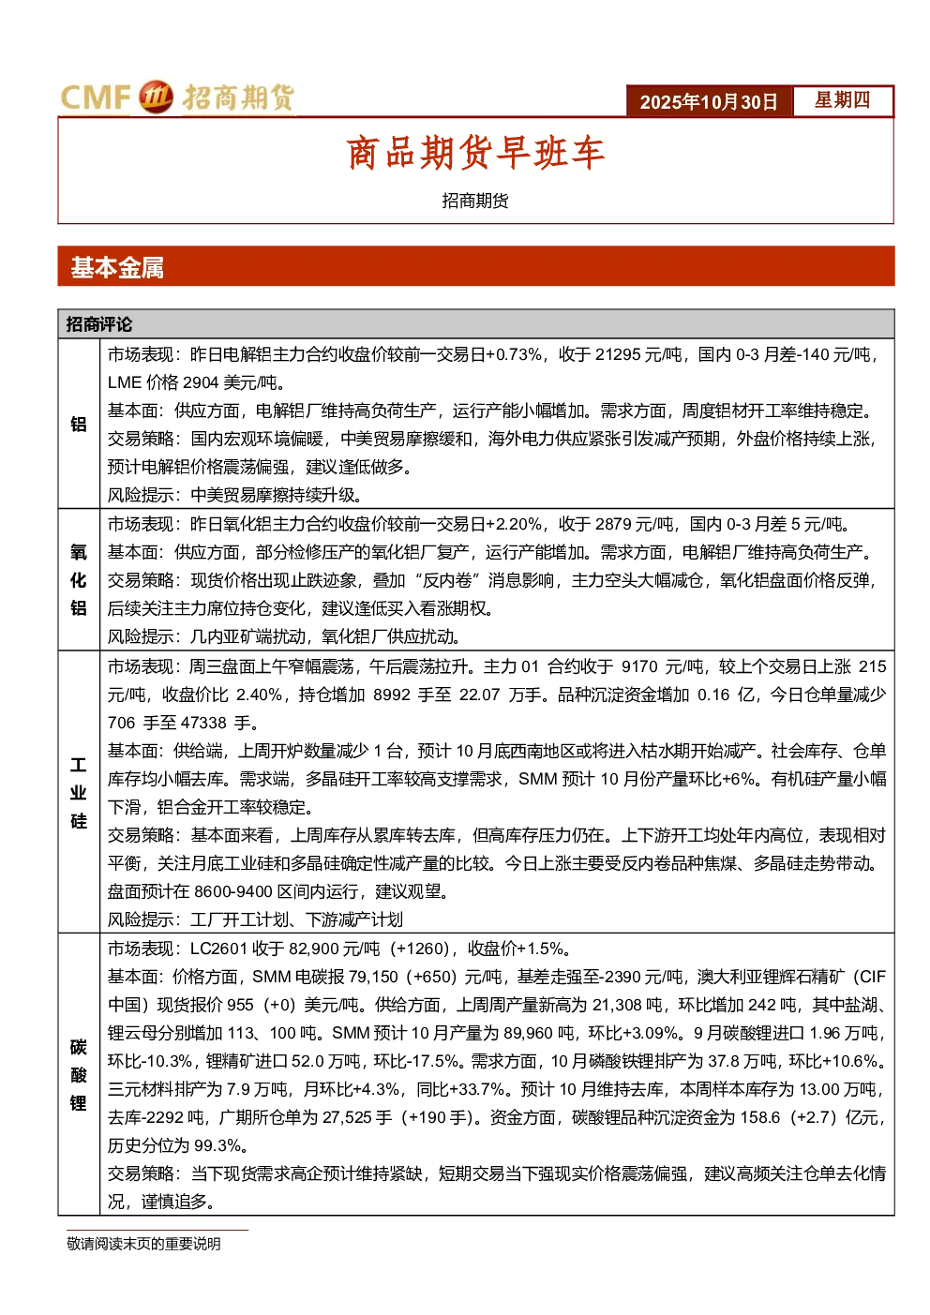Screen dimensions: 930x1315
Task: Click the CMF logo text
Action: [x=95, y=97]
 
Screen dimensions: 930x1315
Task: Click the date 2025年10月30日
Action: [x=708, y=102]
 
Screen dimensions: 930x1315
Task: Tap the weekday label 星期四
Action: [x=842, y=100]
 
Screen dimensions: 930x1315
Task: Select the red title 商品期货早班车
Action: [x=475, y=153]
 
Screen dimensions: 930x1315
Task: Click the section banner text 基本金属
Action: [x=117, y=268]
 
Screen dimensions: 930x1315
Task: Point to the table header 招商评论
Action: [x=99, y=324]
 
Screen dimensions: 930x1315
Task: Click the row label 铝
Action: [x=78, y=424]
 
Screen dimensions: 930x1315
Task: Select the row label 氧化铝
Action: [x=78, y=579]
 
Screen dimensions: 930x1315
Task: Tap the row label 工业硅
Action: [x=78, y=793]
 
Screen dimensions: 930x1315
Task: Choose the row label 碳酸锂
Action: [x=78, y=1075]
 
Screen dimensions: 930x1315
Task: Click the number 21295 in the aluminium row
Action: [x=617, y=354]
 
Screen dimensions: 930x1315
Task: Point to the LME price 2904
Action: [x=201, y=382]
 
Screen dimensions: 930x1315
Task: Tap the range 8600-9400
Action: [x=232, y=891]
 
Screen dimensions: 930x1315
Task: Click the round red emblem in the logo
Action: [x=156, y=97]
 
